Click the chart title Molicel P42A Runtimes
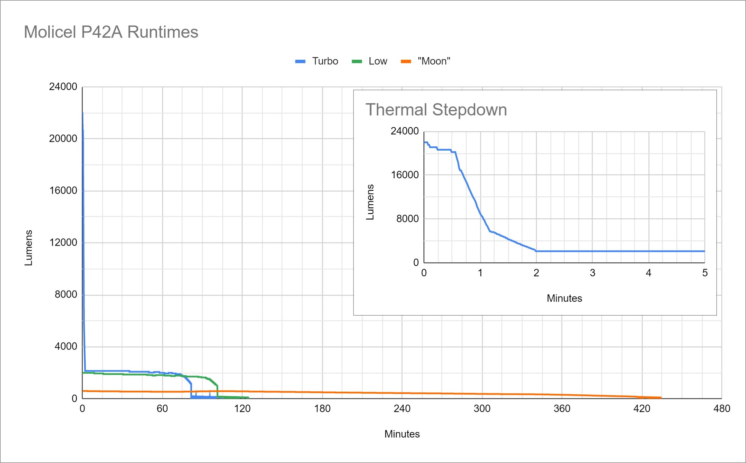tap(111, 32)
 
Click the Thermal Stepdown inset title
tap(436, 110)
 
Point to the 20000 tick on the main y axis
tap(63, 139)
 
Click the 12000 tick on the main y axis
tap(63, 242)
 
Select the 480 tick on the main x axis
tap(722, 409)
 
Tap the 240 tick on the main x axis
tap(402, 409)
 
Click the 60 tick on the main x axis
tap(162, 409)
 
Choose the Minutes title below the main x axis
tap(402, 434)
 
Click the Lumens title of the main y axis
tap(28, 248)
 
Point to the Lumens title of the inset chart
tap(370, 202)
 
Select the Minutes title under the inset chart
tap(564, 298)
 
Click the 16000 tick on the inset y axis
tap(405, 175)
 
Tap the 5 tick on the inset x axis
tap(705, 273)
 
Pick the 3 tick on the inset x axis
tap(592, 273)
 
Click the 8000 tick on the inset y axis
tap(407, 219)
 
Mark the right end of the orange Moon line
tap(661, 398)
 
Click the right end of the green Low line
tap(248, 398)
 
